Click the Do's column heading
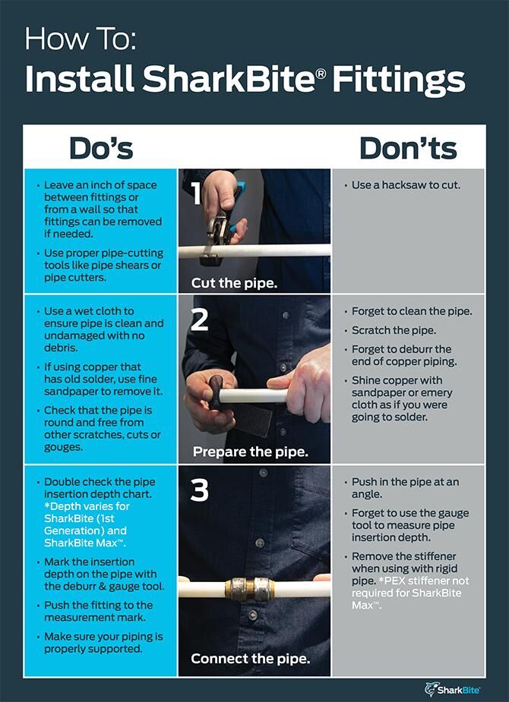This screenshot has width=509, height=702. (x=100, y=148)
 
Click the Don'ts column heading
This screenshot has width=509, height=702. (x=408, y=148)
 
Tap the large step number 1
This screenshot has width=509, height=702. (x=196, y=194)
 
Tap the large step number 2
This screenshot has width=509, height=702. (x=199, y=320)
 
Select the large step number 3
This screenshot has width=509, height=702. (x=199, y=490)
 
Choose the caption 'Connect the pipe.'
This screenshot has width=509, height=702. (x=250, y=659)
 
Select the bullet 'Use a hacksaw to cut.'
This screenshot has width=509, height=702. (x=406, y=185)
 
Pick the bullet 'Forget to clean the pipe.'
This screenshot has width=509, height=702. (x=412, y=311)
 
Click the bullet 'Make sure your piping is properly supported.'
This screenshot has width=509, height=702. (x=103, y=643)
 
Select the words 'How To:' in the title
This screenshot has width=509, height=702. (x=80, y=39)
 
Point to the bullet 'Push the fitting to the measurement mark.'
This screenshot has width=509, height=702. (x=98, y=611)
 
